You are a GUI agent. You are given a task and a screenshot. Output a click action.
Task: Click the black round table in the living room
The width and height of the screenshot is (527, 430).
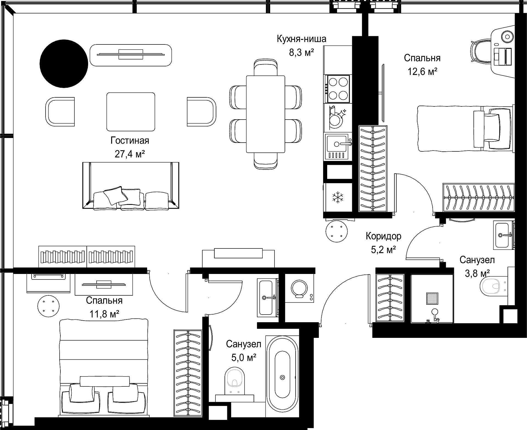(64, 64)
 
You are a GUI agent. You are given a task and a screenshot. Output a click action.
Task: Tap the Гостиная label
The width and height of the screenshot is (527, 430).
(130, 141)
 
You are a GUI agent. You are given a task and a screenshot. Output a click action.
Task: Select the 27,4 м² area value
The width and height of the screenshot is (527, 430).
(130, 154)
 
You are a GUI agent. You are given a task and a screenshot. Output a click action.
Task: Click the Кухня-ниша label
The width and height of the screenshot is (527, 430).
(301, 39)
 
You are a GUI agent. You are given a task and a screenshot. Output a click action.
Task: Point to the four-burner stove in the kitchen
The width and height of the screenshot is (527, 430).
(338, 89)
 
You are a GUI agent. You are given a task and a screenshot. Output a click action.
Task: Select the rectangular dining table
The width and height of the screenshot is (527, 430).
(265, 114)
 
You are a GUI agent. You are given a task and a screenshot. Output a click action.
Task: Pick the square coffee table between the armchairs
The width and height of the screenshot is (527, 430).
(131, 112)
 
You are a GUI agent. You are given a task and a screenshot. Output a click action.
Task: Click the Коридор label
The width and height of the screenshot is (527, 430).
(383, 236)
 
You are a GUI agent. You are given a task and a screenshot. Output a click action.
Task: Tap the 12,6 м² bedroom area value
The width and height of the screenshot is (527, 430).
(422, 72)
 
